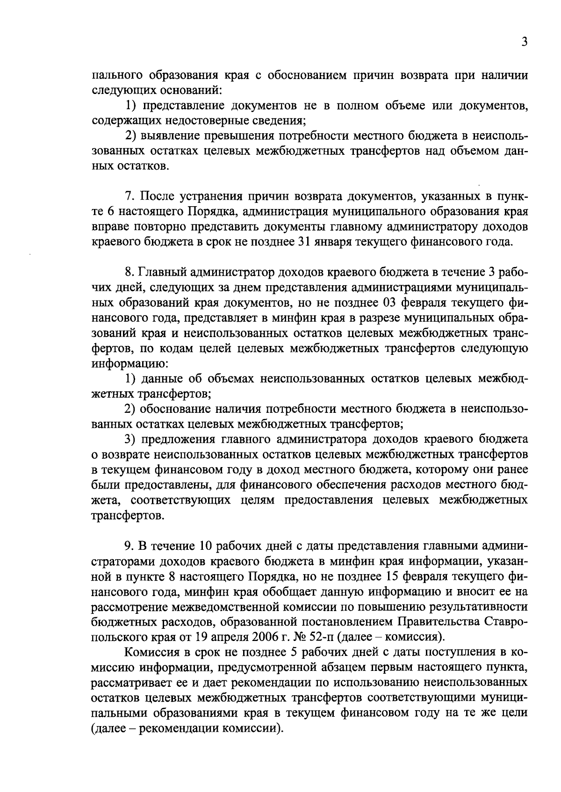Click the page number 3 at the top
pyautogui.click(x=525, y=42)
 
